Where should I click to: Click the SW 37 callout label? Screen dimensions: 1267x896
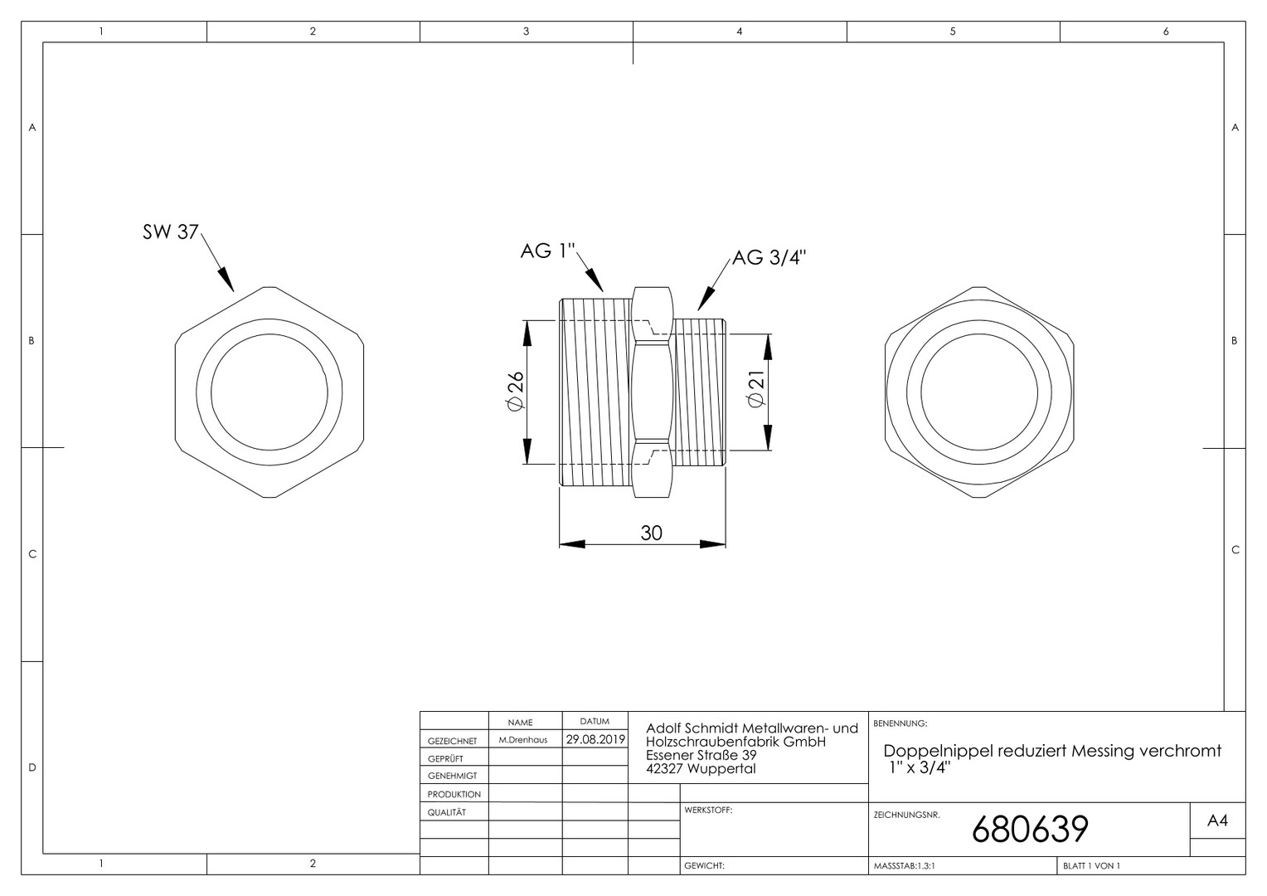pos(170,231)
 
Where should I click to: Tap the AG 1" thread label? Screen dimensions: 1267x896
pos(547,251)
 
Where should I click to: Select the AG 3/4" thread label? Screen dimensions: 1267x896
pos(769,257)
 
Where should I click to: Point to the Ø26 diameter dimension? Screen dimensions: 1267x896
pos(516,391)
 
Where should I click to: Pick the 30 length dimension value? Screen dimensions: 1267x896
pos(651,533)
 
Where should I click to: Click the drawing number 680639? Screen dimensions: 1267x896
pos(1030,829)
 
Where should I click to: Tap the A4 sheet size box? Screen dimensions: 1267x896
pos(1217,821)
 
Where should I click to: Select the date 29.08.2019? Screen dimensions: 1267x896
pos(595,739)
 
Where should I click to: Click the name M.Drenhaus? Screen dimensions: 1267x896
pos(522,740)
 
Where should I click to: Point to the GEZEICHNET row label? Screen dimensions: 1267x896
pos(453,741)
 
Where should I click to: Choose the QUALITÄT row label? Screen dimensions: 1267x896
pos(447,812)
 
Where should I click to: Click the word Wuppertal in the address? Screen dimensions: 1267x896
pos(721,768)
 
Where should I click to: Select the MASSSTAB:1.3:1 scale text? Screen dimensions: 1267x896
pos(905,865)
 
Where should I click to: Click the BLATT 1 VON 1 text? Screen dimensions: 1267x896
pos(1091,865)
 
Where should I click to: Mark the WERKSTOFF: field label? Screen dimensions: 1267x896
pos(708,810)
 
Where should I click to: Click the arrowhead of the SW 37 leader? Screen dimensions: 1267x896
pos(227,280)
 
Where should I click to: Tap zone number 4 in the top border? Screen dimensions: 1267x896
pos(740,32)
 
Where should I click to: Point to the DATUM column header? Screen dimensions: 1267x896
pos(595,722)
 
